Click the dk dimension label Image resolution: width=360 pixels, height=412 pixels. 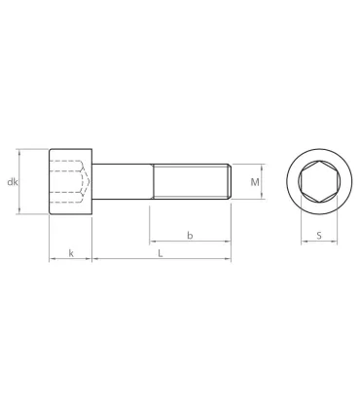12,182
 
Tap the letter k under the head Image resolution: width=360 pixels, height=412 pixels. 70,254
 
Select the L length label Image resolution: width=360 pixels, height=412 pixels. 160,254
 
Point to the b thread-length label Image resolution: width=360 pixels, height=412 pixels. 190,235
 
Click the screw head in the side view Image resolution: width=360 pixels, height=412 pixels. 70,182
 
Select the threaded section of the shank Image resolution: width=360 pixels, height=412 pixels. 190,182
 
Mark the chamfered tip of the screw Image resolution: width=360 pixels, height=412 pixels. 229,182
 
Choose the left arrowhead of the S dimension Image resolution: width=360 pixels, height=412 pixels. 298,243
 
